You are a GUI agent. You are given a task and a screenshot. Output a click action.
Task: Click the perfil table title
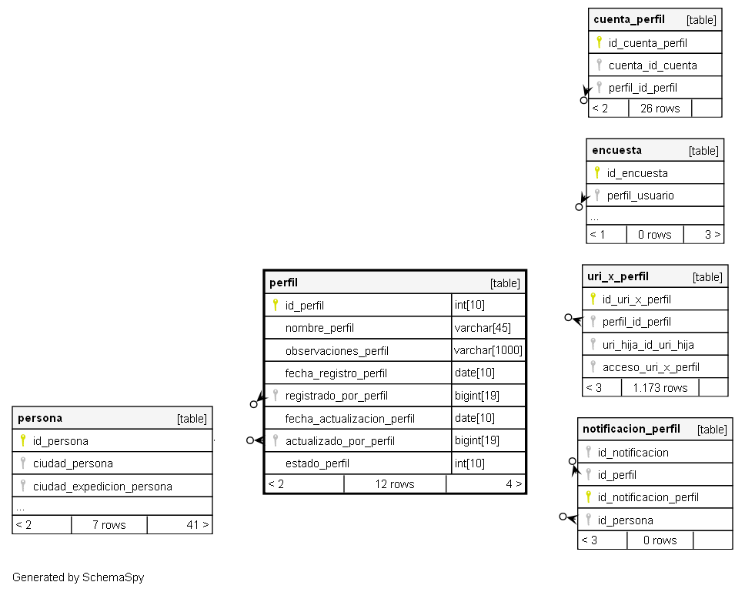284,283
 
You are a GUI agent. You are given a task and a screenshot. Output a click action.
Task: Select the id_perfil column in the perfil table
304,306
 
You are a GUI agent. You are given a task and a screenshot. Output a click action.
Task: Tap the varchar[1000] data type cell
488,350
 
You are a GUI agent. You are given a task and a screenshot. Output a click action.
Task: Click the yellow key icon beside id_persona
23,440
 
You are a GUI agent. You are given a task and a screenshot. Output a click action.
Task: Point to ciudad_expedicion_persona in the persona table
102,486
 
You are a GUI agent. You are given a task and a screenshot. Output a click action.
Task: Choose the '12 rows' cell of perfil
395,484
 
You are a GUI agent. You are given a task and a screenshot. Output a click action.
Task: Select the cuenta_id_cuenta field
653,65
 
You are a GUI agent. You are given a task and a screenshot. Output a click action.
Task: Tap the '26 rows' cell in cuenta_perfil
660,109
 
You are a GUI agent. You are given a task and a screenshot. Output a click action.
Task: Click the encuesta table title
616,150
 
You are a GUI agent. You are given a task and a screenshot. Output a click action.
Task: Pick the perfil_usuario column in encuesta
640,196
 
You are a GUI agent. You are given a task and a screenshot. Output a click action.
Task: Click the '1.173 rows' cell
660,387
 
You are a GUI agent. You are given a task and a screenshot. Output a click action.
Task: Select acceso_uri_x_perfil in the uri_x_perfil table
651,366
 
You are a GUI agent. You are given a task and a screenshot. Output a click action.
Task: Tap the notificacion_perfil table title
631,429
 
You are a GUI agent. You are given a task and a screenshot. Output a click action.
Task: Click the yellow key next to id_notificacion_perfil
589,497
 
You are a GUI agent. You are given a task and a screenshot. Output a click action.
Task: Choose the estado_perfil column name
317,463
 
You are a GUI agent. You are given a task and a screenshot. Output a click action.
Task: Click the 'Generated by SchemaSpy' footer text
78,577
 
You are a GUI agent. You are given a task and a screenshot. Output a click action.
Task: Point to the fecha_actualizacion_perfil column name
349,419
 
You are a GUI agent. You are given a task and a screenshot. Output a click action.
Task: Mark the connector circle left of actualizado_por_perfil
249,440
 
